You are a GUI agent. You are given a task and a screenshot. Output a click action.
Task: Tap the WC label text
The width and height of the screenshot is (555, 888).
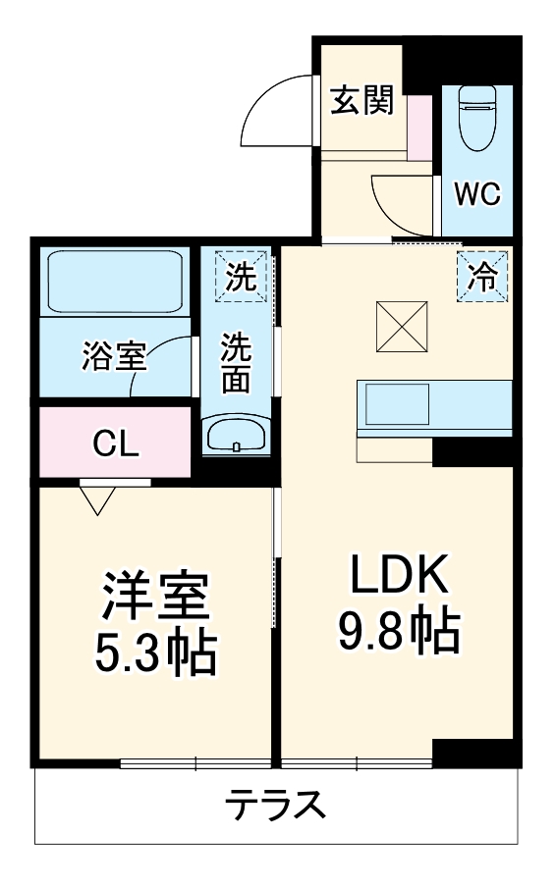click(x=476, y=193)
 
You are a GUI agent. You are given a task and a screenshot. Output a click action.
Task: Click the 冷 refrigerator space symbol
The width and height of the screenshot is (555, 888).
click(x=482, y=275)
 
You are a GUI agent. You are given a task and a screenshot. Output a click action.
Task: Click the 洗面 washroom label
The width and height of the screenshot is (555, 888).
click(x=236, y=363)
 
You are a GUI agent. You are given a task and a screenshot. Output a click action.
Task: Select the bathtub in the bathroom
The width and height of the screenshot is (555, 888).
click(x=115, y=281)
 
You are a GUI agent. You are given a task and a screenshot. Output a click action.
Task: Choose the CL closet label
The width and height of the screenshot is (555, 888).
click(x=116, y=444)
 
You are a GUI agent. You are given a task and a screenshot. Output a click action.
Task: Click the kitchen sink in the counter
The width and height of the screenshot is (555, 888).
click(x=398, y=403)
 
